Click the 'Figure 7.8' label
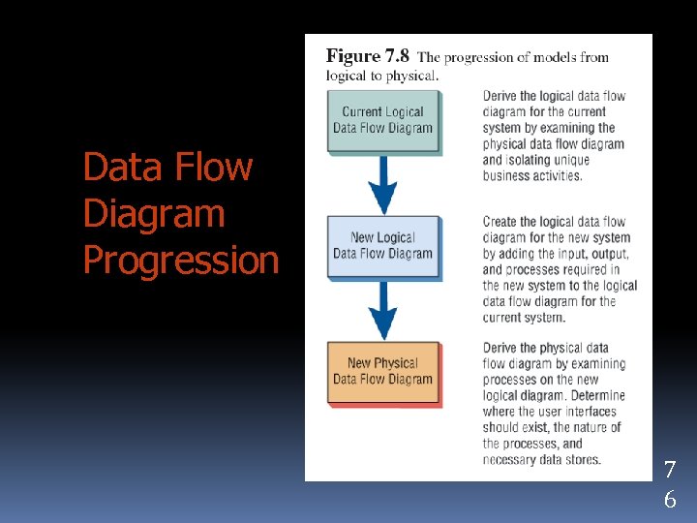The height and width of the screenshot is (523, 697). (x=368, y=56)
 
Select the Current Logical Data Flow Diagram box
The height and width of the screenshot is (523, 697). (x=382, y=120)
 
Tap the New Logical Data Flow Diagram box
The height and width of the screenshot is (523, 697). (x=382, y=245)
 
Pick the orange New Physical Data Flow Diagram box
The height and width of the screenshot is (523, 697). (x=382, y=371)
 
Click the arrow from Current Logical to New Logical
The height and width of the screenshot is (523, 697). (x=384, y=184)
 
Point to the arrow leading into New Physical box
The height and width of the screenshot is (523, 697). (x=384, y=310)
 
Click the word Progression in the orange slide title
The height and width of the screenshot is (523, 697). (x=181, y=260)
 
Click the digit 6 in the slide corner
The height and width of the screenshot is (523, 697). (x=669, y=500)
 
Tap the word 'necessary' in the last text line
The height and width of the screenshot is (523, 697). (x=511, y=459)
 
